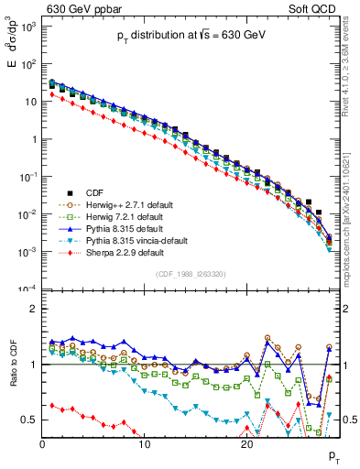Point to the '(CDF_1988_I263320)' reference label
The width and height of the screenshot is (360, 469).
click(x=191, y=274)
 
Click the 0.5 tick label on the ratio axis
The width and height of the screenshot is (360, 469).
click(x=29, y=420)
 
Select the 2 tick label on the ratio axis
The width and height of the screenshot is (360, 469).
click(x=33, y=309)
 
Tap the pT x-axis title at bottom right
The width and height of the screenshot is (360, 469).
click(x=333, y=455)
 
